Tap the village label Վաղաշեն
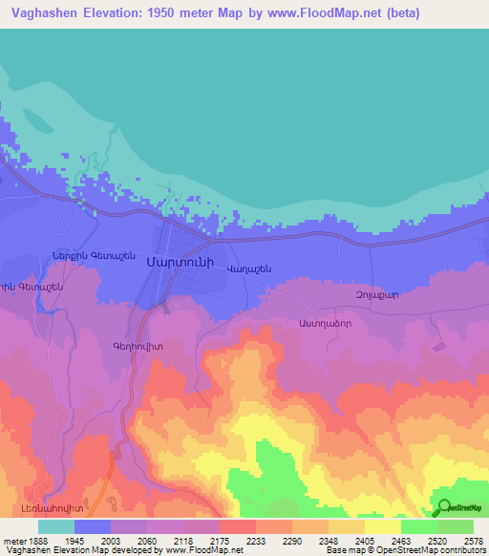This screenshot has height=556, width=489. point(249,269)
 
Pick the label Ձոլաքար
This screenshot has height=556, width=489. point(376,294)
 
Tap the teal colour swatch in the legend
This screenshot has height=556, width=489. point(55,526)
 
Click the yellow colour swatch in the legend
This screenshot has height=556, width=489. point(382,526)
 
